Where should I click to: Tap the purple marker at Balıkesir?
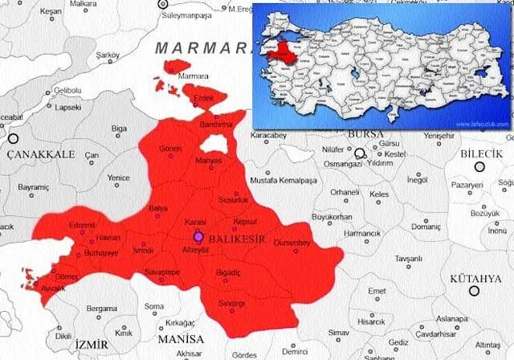point(199,237)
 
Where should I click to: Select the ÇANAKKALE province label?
point(41,153)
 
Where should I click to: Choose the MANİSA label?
point(180,339)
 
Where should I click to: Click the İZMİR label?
point(91,344)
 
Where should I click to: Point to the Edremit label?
point(83,225)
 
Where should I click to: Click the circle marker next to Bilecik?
point(479,167)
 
